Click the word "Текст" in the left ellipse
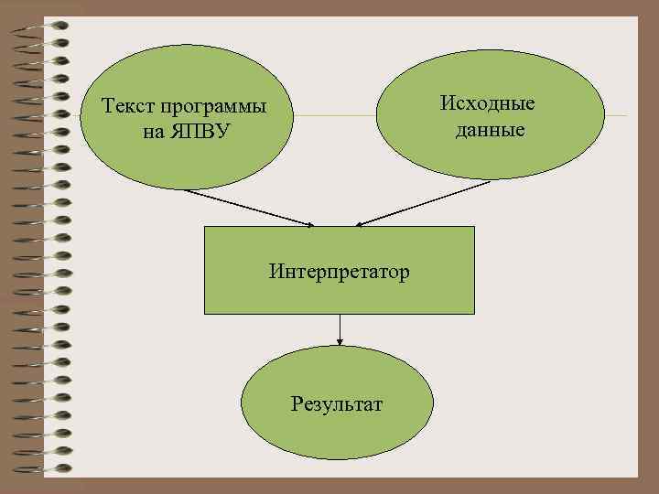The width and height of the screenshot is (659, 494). point(125,108)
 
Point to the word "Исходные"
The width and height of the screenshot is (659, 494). point(488,102)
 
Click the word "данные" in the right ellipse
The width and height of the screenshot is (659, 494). point(491,130)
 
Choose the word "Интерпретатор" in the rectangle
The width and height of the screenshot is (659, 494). point(340,272)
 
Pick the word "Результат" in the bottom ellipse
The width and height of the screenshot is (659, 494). point(337,403)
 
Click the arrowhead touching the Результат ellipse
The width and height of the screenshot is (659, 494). point(340,341)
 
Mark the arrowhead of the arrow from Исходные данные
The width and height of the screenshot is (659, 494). point(360,224)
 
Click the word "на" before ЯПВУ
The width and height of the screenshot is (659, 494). point(152,132)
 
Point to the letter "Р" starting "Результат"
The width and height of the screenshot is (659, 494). point(297,403)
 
